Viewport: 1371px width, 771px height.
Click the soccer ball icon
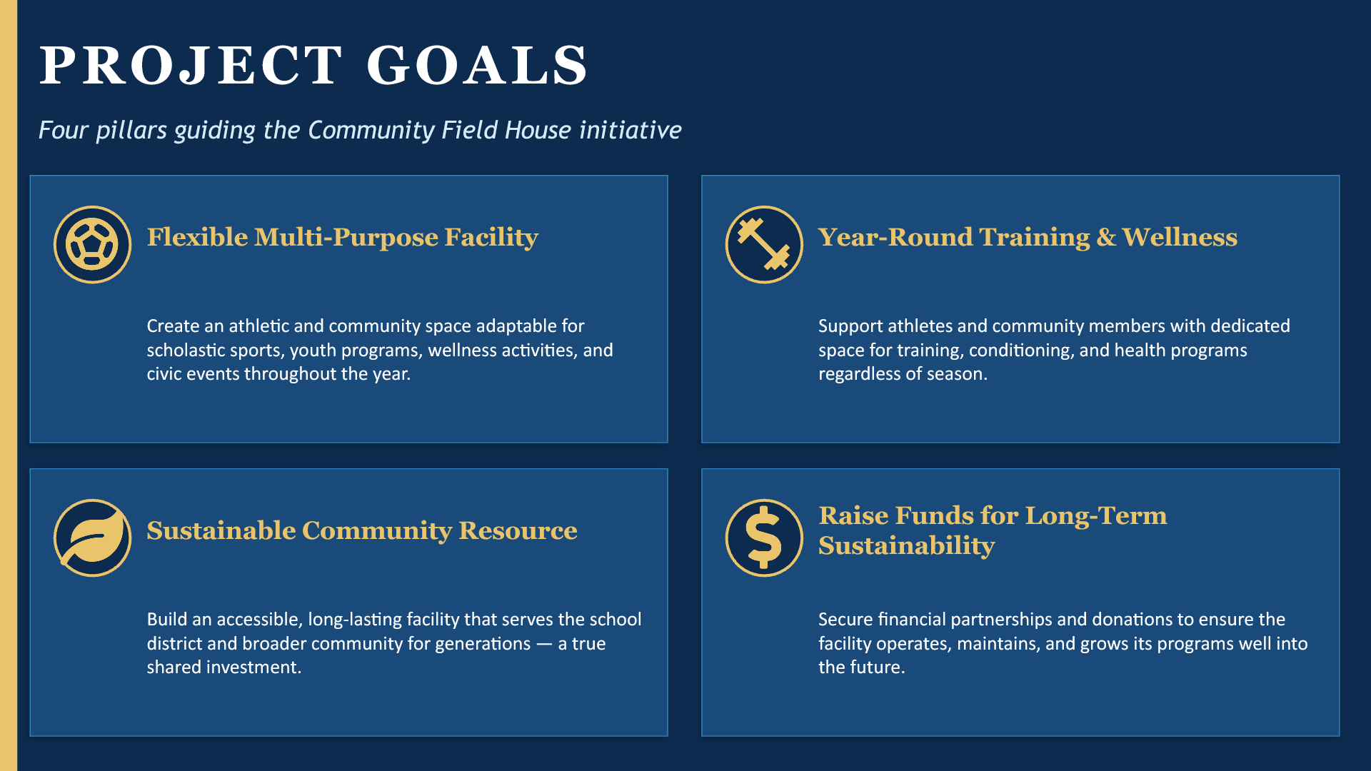tap(92, 245)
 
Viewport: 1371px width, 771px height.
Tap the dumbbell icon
tap(764, 245)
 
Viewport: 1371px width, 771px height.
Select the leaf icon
tap(92, 538)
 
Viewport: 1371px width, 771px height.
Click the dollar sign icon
tap(764, 538)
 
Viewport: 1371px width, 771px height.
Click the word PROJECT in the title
tap(191, 66)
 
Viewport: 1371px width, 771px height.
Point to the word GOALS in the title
tap(477, 66)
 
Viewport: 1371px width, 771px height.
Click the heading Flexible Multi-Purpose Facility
tap(342, 238)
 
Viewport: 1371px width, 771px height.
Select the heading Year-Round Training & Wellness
tap(1028, 238)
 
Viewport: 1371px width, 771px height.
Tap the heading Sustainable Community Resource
tap(362, 530)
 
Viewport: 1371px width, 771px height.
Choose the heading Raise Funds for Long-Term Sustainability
tap(993, 530)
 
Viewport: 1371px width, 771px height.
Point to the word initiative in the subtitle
tap(631, 131)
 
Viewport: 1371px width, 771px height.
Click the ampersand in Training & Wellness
tap(1106, 238)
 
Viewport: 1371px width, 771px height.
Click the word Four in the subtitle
tap(64, 131)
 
